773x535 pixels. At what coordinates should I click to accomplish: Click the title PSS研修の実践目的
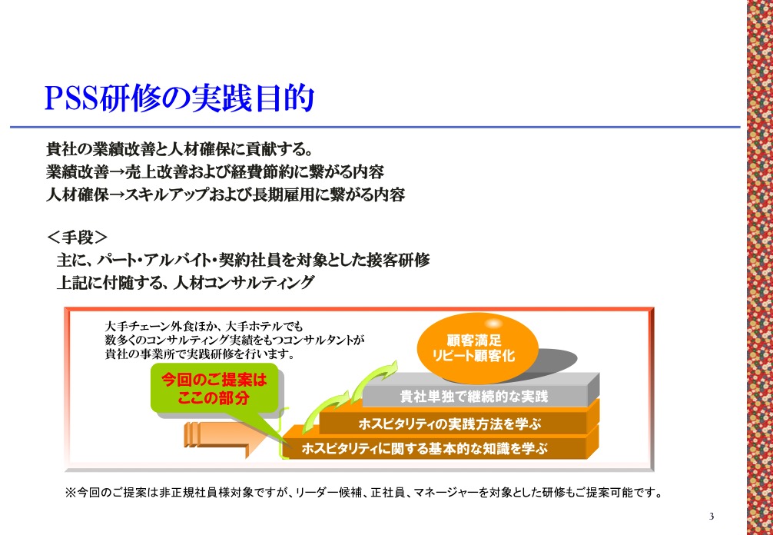(180, 98)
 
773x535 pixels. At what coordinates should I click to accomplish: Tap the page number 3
(712, 517)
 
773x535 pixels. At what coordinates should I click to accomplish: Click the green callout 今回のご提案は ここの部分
(214, 388)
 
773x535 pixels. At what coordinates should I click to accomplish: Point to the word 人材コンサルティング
(244, 283)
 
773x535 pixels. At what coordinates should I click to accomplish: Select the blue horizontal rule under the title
(375, 127)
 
